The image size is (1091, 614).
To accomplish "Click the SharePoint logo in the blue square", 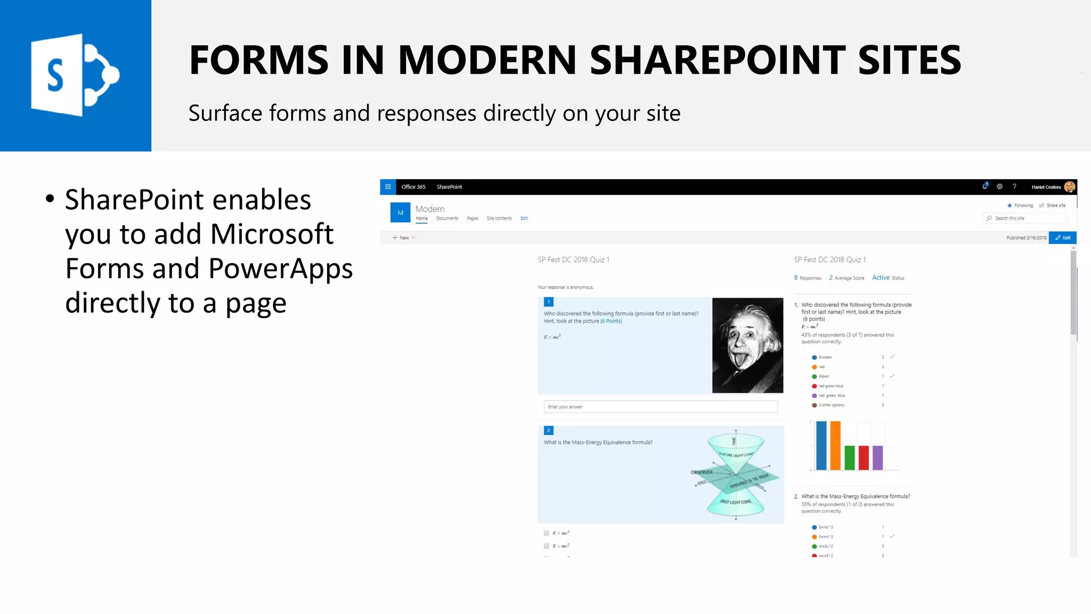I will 75,75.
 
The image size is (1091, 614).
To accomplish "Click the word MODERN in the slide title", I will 487,60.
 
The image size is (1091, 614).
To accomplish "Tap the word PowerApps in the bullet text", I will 280,268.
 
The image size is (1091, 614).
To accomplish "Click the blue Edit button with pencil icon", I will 1063,238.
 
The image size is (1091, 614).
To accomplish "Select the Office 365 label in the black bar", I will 413,187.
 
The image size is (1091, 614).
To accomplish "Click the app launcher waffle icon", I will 388,187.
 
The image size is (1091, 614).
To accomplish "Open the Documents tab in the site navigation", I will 447,219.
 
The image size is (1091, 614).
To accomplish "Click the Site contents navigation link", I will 499,219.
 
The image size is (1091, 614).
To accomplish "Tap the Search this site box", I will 1024,219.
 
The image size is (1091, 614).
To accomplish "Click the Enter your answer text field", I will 661,407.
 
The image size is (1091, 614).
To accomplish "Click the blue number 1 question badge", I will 549,302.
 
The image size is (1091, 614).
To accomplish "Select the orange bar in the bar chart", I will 835,446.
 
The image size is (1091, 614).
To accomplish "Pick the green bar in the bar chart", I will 850,458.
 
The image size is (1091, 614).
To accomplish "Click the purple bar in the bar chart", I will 877,458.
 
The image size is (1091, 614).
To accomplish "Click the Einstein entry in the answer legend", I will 825,357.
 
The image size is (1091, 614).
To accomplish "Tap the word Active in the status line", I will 881,278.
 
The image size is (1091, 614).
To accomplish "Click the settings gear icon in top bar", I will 999,187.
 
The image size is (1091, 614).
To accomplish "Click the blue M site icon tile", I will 400,213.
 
